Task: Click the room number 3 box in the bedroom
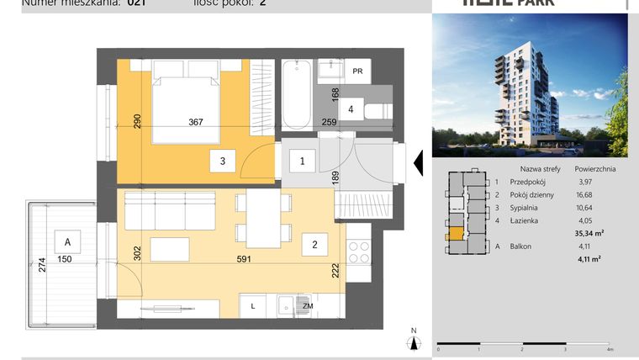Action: [x=222, y=160]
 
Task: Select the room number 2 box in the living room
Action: [x=314, y=245]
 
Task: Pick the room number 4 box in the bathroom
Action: [x=351, y=109]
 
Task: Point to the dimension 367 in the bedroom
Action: [x=196, y=122]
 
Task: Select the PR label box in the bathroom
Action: [x=357, y=71]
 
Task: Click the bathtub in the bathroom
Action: [x=296, y=94]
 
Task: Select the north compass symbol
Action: [x=413, y=341]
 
